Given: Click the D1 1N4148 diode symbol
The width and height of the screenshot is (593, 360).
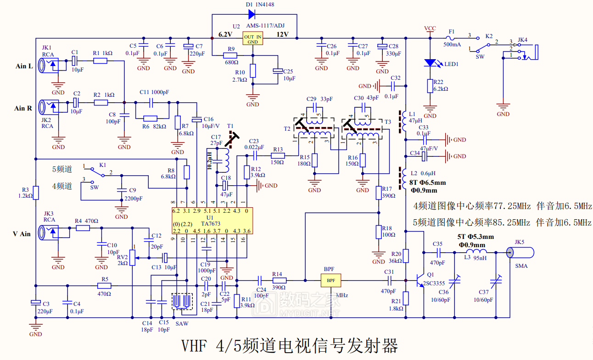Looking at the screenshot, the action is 252,14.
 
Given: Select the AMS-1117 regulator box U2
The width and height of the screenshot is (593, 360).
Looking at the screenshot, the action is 253,39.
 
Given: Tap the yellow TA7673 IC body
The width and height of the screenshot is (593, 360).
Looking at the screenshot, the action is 213,221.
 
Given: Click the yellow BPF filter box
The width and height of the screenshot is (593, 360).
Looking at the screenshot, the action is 331,281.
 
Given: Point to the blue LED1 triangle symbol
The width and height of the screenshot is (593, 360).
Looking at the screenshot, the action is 430,63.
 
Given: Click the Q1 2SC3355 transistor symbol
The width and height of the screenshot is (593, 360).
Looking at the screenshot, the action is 420,281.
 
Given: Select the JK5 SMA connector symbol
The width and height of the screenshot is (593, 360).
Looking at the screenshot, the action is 520,253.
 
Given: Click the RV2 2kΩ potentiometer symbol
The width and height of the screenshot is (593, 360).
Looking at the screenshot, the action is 132,258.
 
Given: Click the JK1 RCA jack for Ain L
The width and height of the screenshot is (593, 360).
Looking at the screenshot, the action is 49,65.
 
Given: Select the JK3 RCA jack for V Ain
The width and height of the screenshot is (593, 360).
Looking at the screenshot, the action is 49,233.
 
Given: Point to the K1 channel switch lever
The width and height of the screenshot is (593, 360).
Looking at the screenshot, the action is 97,172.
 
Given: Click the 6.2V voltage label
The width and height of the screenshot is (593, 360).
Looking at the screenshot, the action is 225,35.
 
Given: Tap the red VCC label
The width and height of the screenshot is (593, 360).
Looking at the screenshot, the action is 430,28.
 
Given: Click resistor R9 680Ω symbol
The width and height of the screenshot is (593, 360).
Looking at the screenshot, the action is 230,55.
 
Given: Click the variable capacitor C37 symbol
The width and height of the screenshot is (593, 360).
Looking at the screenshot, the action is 496,282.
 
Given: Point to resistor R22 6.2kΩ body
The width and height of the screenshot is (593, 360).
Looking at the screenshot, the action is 430,86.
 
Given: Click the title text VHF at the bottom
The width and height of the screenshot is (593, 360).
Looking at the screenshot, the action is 194,346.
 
